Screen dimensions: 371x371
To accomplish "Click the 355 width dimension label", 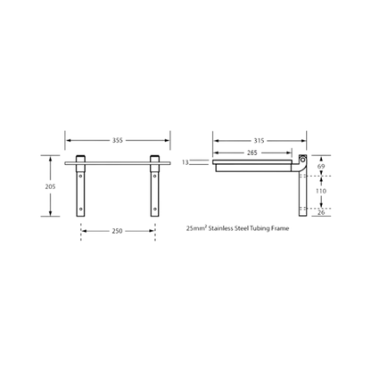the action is tap(118, 140).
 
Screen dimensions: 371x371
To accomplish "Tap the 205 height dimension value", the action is tap(50, 186).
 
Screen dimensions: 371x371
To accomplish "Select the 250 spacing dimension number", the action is tap(117, 231).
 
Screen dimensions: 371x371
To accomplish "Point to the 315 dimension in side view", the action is tap(259, 141).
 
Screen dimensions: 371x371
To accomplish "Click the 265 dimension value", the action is tap(252, 153).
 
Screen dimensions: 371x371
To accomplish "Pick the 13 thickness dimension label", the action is tap(185, 162).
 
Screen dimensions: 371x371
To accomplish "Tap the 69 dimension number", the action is tap(321, 167).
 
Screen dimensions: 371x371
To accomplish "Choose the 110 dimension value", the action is tap(321, 191).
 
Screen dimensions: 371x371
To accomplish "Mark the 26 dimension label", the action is tap(321, 212).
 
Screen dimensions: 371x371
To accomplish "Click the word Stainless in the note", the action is tap(220, 228).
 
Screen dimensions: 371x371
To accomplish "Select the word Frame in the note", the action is tap(280, 228).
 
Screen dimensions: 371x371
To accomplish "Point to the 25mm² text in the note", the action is tap(196, 228).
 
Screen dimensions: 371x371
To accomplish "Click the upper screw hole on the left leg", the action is tap(80, 176).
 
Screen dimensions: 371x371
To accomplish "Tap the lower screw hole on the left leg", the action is tap(80, 209).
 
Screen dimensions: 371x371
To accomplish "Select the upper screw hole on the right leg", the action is tap(154, 176).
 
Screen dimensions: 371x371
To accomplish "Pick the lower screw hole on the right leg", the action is tap(154, 209).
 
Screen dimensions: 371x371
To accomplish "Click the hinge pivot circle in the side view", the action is tap(302, 160).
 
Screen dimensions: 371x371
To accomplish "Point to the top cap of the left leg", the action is tap(80, 159).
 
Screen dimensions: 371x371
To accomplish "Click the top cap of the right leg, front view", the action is tap(154, 159).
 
